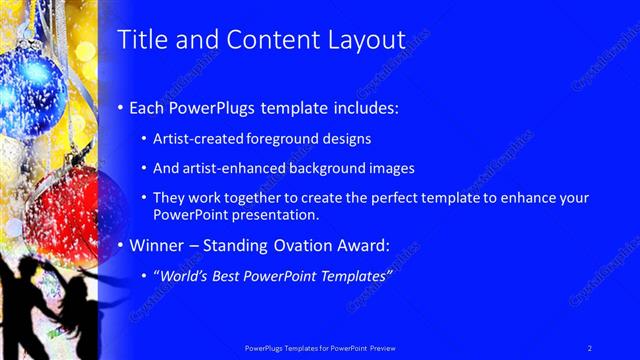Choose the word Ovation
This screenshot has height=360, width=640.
tap(310, 244)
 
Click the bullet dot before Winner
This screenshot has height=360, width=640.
tap(122, 245)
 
